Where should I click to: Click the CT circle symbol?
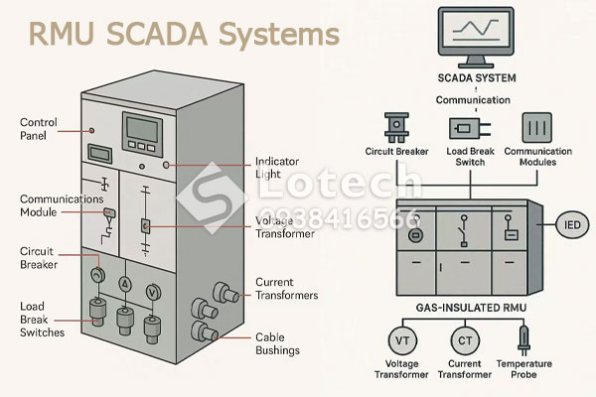pos(465,342)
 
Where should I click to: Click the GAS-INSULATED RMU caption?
pos(458,311)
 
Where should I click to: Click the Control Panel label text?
pos(39,129)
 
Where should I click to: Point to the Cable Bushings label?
pos(280,343)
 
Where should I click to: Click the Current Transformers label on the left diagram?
pos(287,289)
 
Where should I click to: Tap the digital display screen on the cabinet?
pos(139,130)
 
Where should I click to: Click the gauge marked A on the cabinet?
pos(126,284)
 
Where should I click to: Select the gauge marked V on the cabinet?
pos(153,291)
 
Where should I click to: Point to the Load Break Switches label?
pos(41,319)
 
